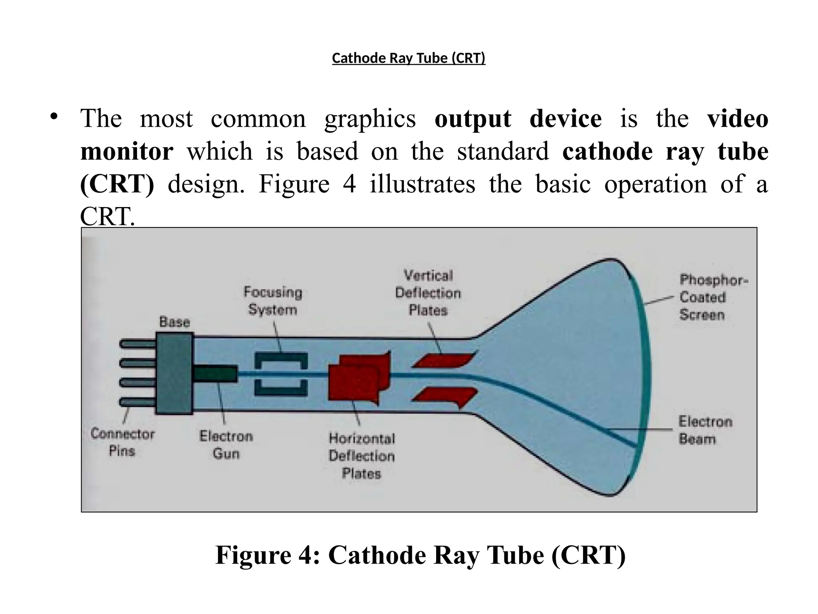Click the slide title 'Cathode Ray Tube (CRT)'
point(409,58)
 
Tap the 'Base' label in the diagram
point(175,322)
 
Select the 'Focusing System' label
point(273,301)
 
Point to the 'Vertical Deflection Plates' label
point(428,293)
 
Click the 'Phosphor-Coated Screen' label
point(713,297)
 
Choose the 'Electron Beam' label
point(705,430)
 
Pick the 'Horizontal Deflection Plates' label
point(361,456)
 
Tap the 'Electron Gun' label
point(226,445)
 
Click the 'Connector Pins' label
point(122,442)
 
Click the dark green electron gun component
point(216,375)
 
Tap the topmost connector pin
point(137,344)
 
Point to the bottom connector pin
point(137,402)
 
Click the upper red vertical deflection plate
point(444,360)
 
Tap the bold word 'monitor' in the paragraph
point(127,152)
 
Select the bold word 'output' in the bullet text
point(473,119)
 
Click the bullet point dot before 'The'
point(54,117)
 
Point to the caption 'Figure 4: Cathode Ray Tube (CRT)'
point(420,555)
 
